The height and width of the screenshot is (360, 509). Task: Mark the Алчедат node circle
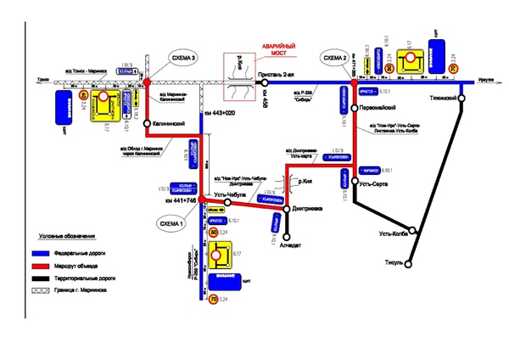click(287, 237)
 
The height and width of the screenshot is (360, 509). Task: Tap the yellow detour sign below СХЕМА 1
click(222, 252)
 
